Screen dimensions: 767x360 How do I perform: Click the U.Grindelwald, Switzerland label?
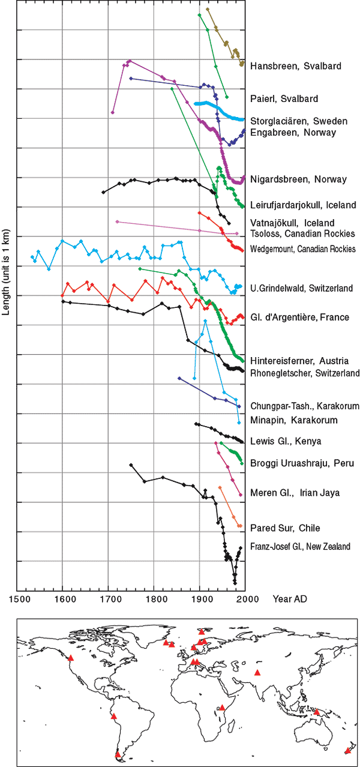[x=301, y=289]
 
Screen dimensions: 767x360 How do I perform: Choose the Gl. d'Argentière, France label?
[x=299, y=317]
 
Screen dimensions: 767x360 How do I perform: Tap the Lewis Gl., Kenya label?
[x=286, y=442]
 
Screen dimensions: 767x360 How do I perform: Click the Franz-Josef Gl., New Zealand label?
[x=300, y=547]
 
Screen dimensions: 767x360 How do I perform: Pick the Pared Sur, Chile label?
[x=285, y=528]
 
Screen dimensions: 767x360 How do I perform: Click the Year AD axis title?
[x=292, y=599]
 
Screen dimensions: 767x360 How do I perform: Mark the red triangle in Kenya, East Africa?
[x=222, y=707]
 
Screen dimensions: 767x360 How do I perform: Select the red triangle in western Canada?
[x=71, y=658]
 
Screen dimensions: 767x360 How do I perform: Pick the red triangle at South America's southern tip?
[x=118, y=754]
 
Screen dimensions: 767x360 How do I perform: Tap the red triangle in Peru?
[x=113, y=716]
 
